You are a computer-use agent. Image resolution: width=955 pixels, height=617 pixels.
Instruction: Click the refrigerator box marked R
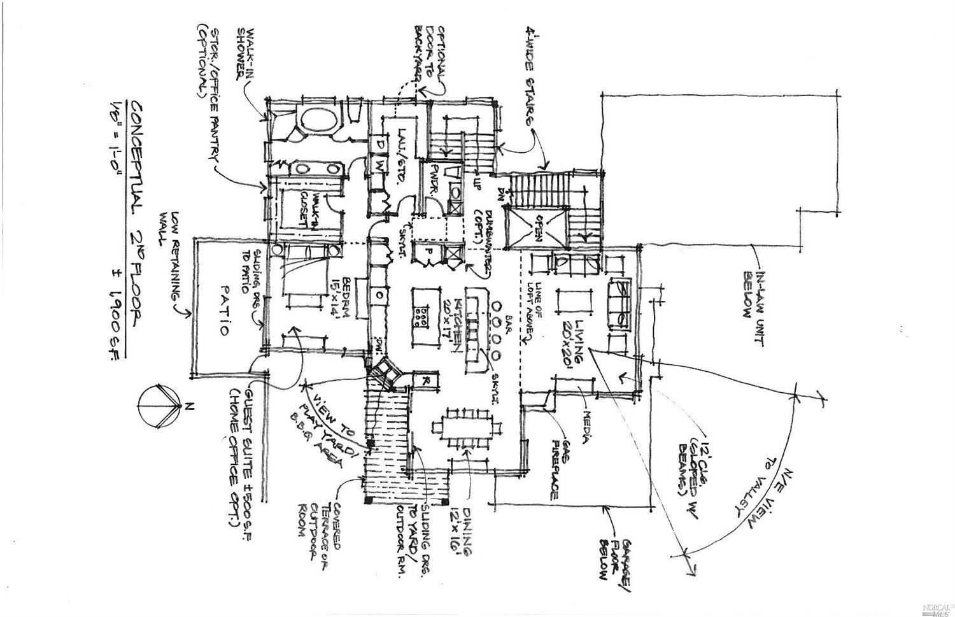(424, 381)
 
